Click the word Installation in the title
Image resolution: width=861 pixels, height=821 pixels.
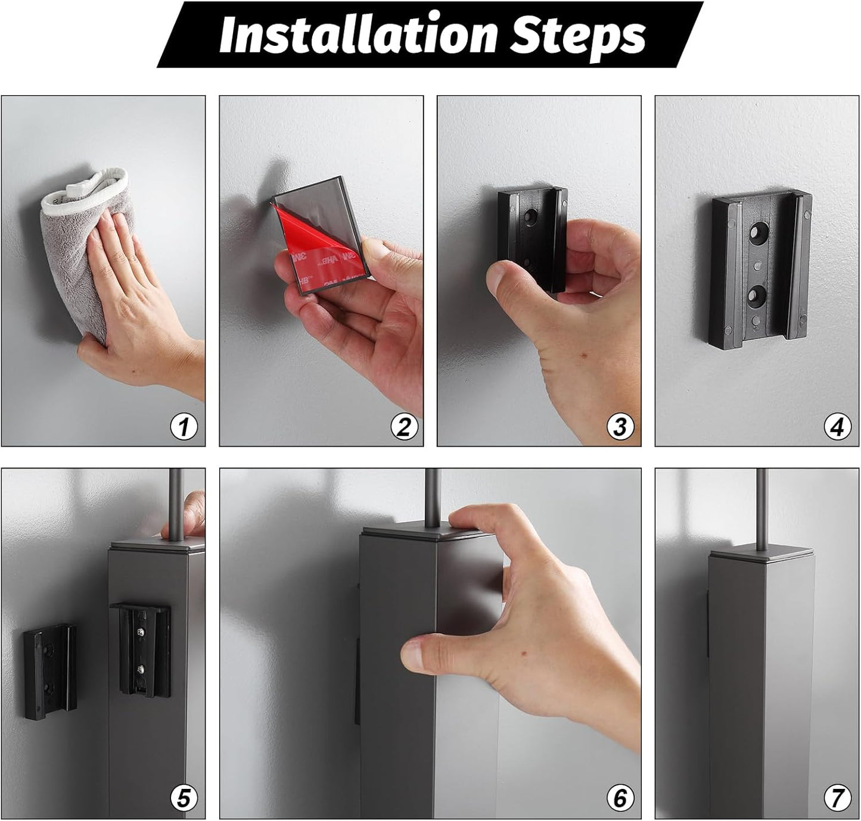(358, 33)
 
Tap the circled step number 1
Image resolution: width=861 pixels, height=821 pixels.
(184, 427)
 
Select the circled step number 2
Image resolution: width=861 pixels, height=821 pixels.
(404, 427)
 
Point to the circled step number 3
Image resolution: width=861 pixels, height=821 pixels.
(620, 427)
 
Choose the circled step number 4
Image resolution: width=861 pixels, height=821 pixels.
(837, 427)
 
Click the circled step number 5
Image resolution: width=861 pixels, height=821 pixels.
(184, 798)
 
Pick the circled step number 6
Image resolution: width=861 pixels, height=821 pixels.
(620, 798)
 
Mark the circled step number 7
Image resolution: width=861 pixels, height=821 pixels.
(837, 798)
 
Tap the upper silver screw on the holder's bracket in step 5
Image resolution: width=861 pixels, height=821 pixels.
(141, 632)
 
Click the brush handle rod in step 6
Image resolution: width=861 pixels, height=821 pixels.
(433, 495)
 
